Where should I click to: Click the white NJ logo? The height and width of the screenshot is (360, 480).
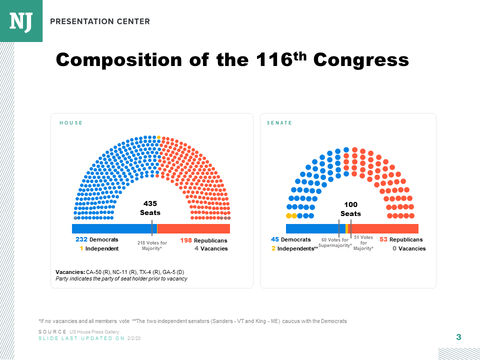click(x=21, y=20)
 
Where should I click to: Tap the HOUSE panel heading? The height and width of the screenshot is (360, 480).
click(x=71, y=123)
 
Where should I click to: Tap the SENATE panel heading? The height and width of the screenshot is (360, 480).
click(x=279, y=123)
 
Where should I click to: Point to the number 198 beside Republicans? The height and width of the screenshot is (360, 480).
click(x=186, y=240)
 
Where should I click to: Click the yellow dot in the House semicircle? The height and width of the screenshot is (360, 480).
click(x=158, y=137)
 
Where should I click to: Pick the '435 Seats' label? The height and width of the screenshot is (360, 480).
click(x=150, y=208)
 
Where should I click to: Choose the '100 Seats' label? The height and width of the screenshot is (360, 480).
click(x=350, y=209)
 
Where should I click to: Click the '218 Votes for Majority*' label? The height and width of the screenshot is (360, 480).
click(x=152, y=245)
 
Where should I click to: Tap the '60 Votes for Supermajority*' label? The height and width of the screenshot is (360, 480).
click(x=334, y=243)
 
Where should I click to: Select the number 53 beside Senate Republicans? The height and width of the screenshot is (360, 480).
click(x=383, y=239)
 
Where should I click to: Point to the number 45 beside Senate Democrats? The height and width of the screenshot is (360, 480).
click(x=274, y=239)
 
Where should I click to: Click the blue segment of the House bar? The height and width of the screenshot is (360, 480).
click(x=112, y=229)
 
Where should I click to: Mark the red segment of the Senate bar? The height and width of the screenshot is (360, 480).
click(x=385, y=229)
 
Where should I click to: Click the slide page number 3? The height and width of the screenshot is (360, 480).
click(x=458, y=337)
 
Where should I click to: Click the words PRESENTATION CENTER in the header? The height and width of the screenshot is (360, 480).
click(x=100, y=21)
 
